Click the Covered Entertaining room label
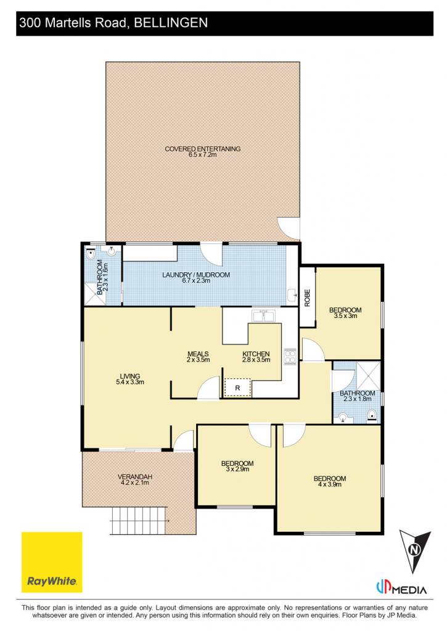click(x=203, y=152)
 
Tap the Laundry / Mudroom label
click(x=196, y=277)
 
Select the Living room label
click(x=129, y=379)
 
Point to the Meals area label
click(x=198, y=357)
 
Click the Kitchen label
click(x=256, y=357)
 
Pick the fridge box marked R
click(x=237, y=388)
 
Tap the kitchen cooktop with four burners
click(x=290, y=357)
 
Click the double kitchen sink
click(x=263, y=315)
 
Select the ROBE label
click(x=307, y=298)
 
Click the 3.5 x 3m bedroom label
click(x=345, y=312)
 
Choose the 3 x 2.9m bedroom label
click(x=237, y=466)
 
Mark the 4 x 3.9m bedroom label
click(x=330, y=481)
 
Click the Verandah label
click(x=135, y=479)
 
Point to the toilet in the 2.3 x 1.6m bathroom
click(x=91, y=254)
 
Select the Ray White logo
click(x=52, y=562)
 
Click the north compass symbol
click(x=415, y=550)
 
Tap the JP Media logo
click(x=401, y=588)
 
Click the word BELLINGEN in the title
click(x=171, y=23)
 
